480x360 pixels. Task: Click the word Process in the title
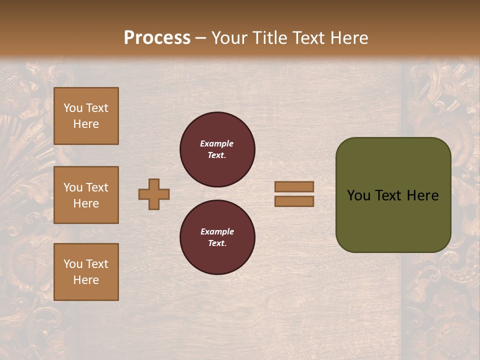tap(157, 38)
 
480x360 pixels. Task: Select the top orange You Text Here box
tap(86, 116)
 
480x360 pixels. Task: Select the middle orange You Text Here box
tap(86, 195)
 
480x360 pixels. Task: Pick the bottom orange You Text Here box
tap(86, 272)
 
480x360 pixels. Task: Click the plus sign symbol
tap(154, 194)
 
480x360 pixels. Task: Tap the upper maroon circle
tap(217, 149)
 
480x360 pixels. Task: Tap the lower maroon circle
tap(217, 237)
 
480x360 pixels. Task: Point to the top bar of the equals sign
tap(294, 187)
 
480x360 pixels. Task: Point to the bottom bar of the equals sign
tap(294, 201)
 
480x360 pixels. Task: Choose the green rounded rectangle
tap(393, 194)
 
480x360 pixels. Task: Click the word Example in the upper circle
tap(217, 143)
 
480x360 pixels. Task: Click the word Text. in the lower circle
tap(217, 243)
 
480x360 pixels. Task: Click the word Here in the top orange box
tap(86, 124)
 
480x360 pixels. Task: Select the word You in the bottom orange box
tap(73, 264)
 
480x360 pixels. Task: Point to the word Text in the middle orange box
tap(96, 187)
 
